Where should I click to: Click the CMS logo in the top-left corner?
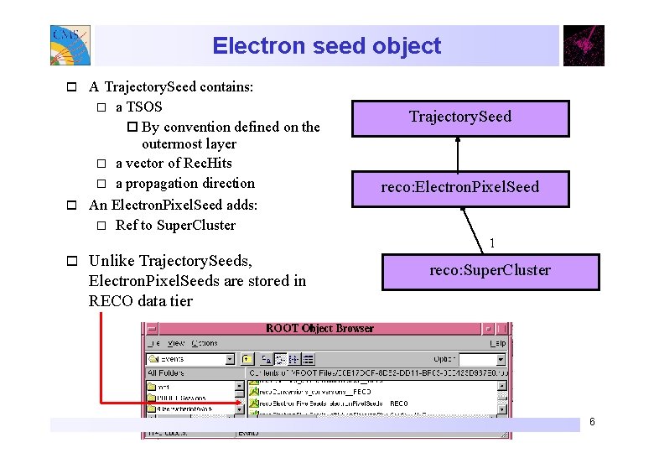70,45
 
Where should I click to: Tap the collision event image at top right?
584,45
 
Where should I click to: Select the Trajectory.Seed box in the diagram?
460,117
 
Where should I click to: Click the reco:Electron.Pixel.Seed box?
460,187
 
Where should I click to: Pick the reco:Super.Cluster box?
490,271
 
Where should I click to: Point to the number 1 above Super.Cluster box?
492,244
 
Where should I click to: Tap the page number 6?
592,421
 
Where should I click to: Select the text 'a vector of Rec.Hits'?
174,163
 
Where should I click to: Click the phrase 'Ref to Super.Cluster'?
175,225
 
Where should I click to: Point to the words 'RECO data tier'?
140,300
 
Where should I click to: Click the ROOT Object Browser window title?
319,328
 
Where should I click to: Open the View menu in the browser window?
175,343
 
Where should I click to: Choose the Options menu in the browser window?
205,343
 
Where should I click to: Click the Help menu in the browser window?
497,343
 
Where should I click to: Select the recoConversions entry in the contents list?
310,392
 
